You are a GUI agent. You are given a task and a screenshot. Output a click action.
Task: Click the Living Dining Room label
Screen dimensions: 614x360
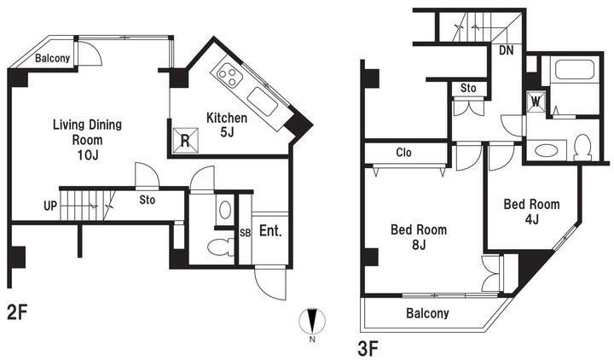coord(87,139)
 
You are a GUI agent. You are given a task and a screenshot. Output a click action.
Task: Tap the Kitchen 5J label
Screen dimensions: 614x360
coord(227,125)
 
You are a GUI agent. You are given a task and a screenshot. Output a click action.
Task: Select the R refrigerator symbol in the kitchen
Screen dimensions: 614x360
coord(185,140)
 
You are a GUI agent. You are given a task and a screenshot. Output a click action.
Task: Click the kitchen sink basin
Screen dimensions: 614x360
coord(263,101)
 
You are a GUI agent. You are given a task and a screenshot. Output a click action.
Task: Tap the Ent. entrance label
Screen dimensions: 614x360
coord(270,231)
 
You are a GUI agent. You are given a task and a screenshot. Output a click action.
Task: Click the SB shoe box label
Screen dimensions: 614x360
coord(245,233)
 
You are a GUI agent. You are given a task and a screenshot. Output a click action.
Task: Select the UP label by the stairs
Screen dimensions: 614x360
coord(50,206)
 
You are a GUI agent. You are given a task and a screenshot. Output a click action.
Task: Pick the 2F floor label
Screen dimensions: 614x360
coord(17,312)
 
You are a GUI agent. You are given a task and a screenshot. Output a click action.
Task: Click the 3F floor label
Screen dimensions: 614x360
coord(368,349)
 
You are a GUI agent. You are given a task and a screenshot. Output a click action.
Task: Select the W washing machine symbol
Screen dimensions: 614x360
coord(536,102)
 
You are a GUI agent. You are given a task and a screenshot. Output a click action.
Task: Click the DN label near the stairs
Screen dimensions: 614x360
coord(507,50)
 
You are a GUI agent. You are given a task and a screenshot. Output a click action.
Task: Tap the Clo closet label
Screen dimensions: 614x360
coord(403,152)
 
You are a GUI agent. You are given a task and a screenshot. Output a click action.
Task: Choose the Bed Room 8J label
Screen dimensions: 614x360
coord(419,237)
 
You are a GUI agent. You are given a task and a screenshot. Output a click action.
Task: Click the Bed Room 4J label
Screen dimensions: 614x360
coord(531,212)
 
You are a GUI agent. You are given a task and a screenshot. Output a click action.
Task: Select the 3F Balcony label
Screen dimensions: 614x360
coord(427,313)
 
